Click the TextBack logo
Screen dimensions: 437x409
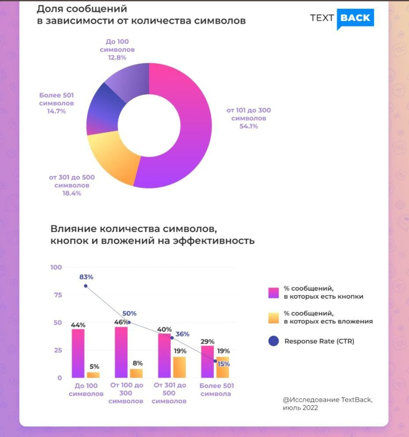coord(342,18)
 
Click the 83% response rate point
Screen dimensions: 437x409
coord(85,286)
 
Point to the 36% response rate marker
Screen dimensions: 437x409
coord(172,338)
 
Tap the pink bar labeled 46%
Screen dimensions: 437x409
coord(121,352)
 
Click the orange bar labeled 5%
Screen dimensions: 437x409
coord(93,375)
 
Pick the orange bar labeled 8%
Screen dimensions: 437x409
coord(136,373)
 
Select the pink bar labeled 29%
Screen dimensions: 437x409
coord(208,361)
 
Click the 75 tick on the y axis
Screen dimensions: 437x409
coord(57,295)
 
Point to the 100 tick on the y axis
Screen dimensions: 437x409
coord(57,267)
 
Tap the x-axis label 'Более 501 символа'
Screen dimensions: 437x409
coord(216,390)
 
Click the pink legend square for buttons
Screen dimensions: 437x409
coord(273,293)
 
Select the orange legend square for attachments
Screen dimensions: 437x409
coord(273,317)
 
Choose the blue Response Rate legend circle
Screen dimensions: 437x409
coord(273,341)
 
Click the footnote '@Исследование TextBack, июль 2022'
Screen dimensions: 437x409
coord(328,404)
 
